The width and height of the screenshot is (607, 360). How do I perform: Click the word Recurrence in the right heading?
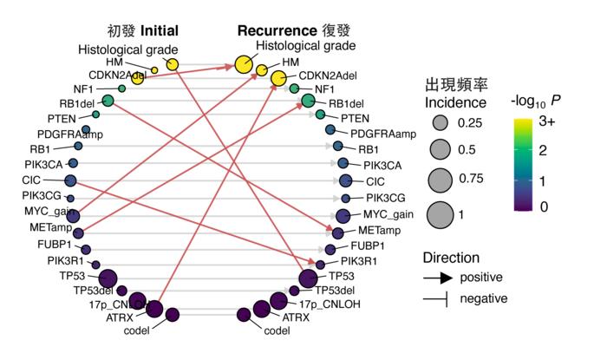280,29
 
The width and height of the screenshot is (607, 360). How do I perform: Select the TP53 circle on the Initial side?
108,278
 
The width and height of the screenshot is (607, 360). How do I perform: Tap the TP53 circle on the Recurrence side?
307,278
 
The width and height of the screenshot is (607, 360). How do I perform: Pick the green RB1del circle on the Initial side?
108,101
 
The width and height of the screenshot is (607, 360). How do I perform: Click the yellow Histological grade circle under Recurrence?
244,64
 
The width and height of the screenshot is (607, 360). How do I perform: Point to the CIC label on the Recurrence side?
375,181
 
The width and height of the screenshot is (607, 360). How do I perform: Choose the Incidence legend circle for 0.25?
440,121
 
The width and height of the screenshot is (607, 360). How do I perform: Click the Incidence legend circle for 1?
440,212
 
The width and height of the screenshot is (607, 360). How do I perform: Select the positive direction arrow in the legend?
440,278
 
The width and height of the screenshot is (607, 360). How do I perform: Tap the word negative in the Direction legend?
483,298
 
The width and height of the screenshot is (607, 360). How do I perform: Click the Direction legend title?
451,258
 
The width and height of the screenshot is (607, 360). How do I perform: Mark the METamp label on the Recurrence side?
378,231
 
